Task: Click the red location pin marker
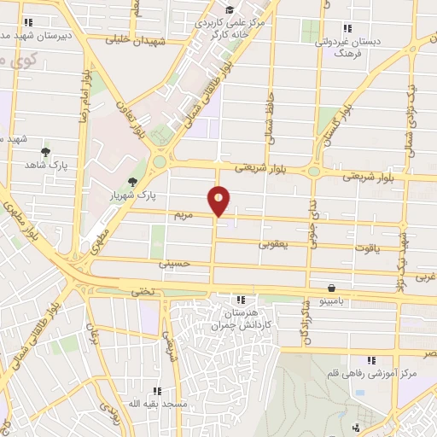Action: [x=219, y=201]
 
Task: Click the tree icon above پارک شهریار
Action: [x=132, y=181]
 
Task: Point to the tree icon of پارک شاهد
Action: [x=45, y=151]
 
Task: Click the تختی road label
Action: [x=143, y=292]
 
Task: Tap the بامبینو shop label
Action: [x=324, y=302]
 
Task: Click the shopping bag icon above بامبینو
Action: [x=330, y=288]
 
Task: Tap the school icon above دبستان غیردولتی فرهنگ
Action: [x=346, y=26]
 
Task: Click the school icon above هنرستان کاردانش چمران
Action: [x=240, y=300]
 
